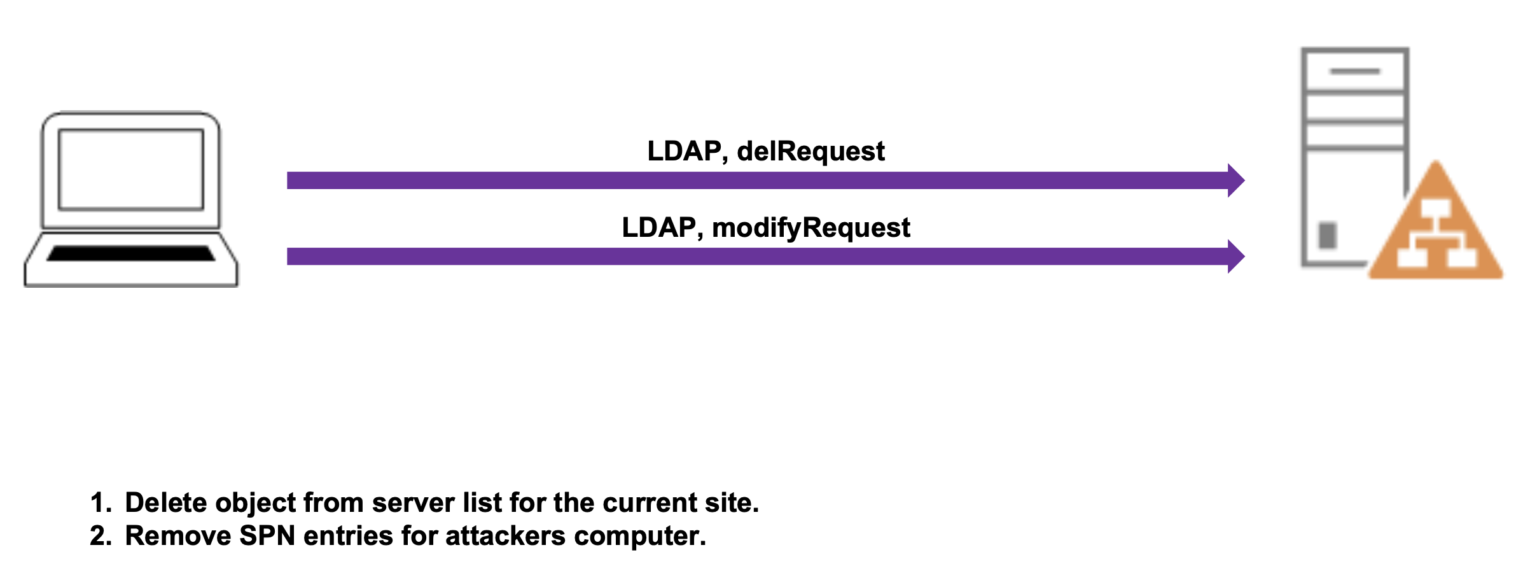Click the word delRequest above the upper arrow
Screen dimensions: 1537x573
(x=810, y=152)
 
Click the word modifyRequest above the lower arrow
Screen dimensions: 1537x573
(x=810, y=228)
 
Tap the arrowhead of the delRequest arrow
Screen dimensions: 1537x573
(x=1235, y=180)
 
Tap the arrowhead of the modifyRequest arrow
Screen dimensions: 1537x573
(x=1235, y=257)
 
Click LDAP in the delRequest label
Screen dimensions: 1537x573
(x=684, y=152)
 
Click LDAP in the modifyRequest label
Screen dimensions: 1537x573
(x=658, y=228)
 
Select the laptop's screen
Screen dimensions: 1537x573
(x=131, y=169)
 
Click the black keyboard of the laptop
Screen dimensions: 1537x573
(x=131, y=253)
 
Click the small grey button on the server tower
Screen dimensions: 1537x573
(x=1328, y=235)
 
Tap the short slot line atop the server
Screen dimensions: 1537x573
(x=1354, y=71)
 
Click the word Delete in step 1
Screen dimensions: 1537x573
(x=166, y=503)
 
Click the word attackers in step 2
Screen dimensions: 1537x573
(x=505, y=536)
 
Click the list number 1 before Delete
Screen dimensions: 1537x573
(x=99, y=503)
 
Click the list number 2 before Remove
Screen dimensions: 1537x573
(x=99, y=536)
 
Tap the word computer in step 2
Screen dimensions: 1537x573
(x=639, y=536)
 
